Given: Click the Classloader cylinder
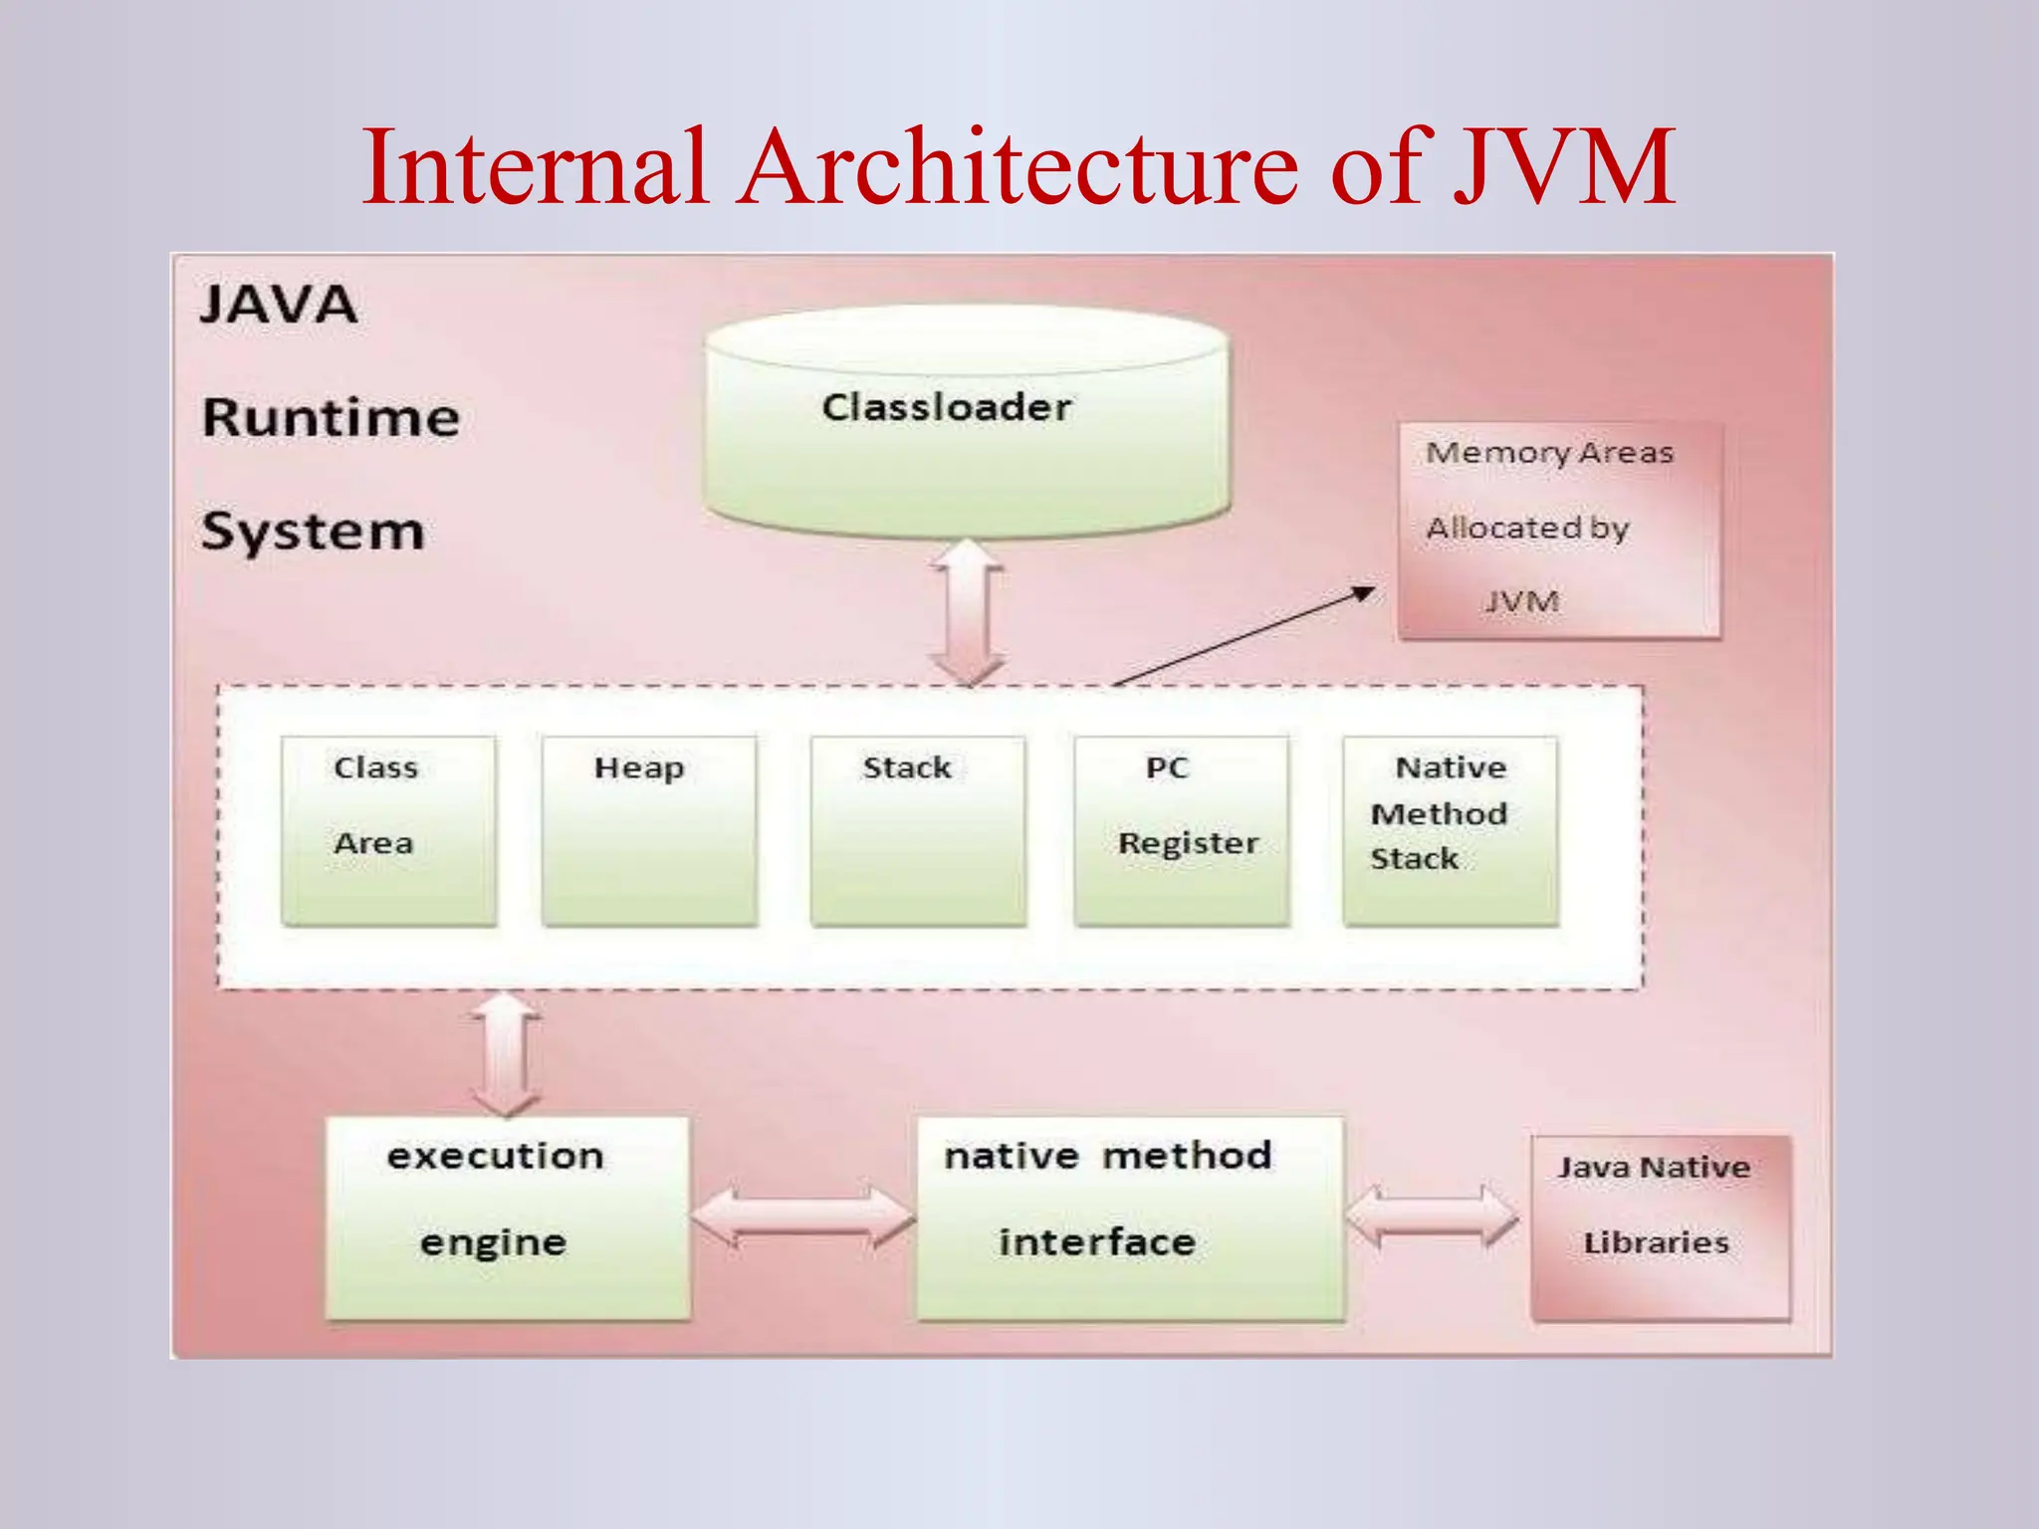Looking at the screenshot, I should [x=966, y=423].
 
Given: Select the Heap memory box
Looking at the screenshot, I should [x=649, y=831].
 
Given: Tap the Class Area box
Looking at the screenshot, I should [x=388, y=831].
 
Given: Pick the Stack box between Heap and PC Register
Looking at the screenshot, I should [x=918, y=831].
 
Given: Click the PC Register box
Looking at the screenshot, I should [x=1182, y=831].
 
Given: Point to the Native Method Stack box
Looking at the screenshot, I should [x=1451, y=831].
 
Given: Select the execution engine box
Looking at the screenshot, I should [x=507, y=1217].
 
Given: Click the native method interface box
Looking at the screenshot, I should [x=1129, y=1217].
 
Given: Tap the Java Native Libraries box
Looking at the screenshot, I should [x=1660, y=1227].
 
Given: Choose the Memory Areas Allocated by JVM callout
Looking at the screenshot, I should [x=1559, y=530].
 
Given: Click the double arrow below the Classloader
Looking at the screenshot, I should [x=967, y=612].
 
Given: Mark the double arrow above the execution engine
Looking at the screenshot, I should [x=506, y=1053].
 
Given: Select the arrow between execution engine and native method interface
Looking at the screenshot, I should [x=802, y=1216].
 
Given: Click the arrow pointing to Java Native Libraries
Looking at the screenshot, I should [x=1432, y=1216].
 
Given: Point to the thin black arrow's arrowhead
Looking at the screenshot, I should [x=1363, y=594].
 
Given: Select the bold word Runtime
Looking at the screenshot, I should [x=331, y=417].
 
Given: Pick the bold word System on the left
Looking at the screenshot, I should [x=313, y=532].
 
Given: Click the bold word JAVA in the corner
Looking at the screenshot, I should [x=279, y=305].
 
